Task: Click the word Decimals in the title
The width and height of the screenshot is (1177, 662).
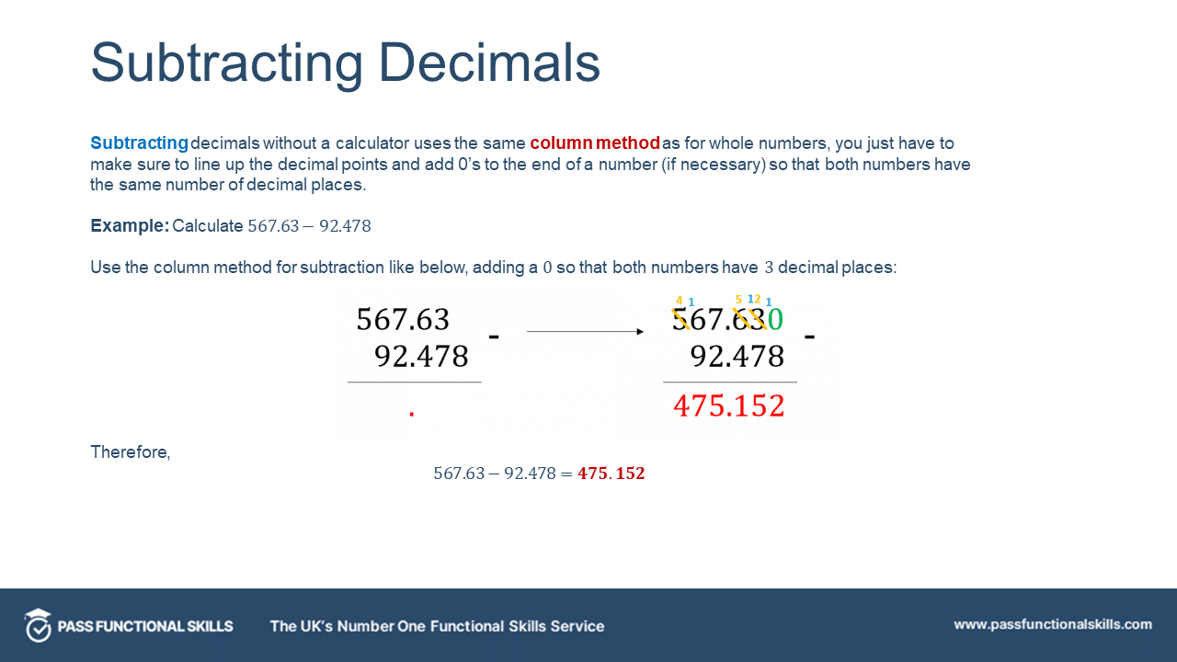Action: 488,63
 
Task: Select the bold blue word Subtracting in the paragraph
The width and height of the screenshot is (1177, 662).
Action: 139,143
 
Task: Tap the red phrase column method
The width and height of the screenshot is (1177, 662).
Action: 595,143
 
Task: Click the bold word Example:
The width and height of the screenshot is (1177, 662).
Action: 130,226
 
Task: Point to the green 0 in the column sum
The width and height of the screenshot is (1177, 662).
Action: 775,319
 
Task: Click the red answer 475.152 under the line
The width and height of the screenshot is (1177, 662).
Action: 729,405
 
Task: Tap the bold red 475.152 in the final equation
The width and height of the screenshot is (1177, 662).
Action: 611,474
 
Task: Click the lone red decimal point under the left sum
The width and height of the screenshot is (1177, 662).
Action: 411,414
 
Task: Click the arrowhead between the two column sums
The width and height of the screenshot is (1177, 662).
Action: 640,331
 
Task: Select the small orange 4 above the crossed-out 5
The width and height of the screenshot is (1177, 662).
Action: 679,301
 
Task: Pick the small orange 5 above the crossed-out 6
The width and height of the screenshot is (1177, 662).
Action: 738,300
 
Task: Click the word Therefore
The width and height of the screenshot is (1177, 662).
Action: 130,451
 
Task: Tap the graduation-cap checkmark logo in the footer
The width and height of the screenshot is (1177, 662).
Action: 38,625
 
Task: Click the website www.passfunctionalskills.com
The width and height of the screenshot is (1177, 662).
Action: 1053,624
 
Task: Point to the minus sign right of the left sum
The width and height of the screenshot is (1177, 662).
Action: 494,336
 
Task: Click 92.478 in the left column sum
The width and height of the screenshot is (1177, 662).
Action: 421,356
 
